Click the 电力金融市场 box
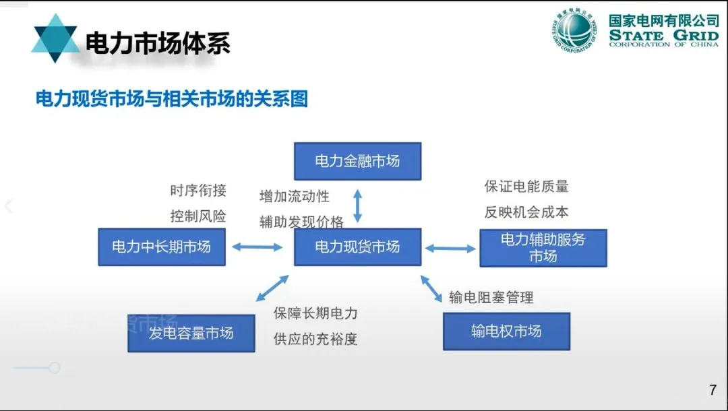point(357,161)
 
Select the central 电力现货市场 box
point(357,247)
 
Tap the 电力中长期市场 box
point(161,247)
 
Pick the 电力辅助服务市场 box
point(543,248)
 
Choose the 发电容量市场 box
point(191,332)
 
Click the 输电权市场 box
point(506,331)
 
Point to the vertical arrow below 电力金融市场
point(358,205)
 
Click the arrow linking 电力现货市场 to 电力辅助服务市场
point(450,249)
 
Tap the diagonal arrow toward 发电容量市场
point(272,287)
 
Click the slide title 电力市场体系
point(158,42)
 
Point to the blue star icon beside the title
point(55,38)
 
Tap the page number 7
point(712,390)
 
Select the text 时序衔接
point(198,191)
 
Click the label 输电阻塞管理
point(491,297)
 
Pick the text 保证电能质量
point(526,186)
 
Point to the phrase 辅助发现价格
point(301,222)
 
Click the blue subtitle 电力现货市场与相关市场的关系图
point(172,100)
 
